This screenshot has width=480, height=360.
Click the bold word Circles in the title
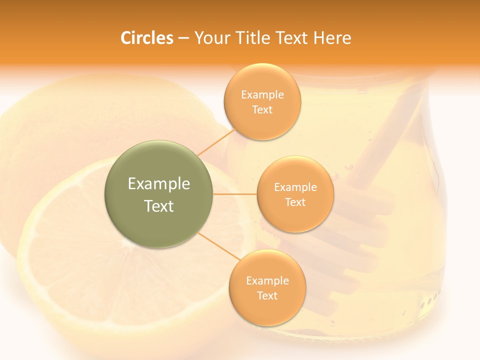point(146,38)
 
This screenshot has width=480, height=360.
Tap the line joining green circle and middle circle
point(235,194)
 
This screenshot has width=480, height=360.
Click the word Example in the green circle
point(159,184)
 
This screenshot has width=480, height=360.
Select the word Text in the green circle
point(159,206)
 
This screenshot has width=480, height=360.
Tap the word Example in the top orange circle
point(262,94)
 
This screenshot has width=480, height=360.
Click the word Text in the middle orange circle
point(295,202)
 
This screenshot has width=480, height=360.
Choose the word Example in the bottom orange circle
point(267,280)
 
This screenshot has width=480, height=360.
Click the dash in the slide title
point(183,38)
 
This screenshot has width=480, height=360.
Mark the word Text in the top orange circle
point(262,109)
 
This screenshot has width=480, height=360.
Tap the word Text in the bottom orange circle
point(267,295)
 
